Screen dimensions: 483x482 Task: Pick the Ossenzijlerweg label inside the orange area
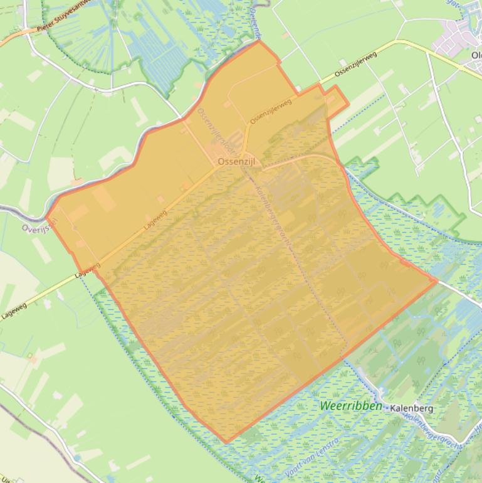click(271, 111)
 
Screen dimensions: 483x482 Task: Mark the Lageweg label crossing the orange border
click(88, 270)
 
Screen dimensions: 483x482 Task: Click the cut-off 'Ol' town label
click(476, 55)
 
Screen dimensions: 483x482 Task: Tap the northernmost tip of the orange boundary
click(259, 41)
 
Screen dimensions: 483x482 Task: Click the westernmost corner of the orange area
click(47, 216)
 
